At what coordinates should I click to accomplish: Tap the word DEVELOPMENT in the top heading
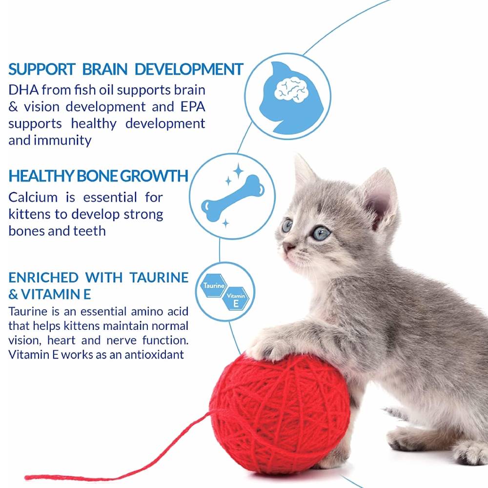[x=189, y=69]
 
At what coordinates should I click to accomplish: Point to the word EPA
[x=188, y=106]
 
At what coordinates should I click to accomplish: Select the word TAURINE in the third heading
[x=159, y=278]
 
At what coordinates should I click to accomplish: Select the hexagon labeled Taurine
[x=213, y=284]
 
